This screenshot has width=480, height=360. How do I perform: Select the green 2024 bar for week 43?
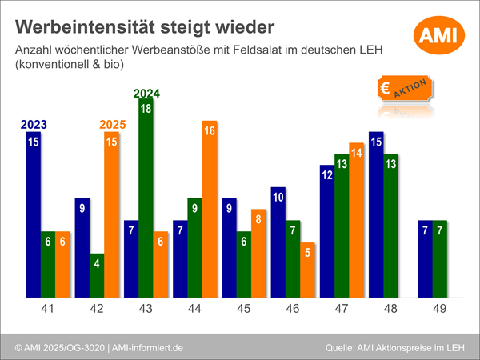click(146, 196)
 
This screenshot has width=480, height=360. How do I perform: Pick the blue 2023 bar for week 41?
click(33, 212)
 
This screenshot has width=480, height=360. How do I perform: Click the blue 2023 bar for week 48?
click(376, 214)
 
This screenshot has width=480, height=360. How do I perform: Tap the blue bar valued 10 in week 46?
click(278, 240)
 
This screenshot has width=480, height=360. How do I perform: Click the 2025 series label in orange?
click(113, 125)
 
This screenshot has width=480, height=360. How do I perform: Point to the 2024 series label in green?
click(146, 92)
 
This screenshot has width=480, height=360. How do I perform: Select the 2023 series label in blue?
click(33, 125)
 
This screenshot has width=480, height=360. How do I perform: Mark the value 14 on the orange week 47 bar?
click(356, 152)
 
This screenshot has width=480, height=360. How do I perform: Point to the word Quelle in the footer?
click(343, 348)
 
